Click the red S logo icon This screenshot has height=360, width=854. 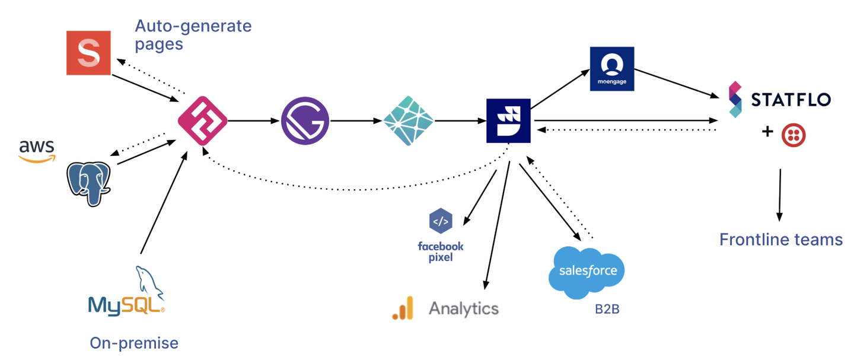click(x=88, y=53)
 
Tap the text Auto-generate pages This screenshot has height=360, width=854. click(x=193, y=34)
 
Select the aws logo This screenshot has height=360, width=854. click(x=36, y=150)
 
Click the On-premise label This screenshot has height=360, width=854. click(x=134, y=343)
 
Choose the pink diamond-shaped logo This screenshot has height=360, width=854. click(x=202, y=121)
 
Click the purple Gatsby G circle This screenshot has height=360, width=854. click(x=305, y=121)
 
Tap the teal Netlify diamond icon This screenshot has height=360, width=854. click(x=408, y=121)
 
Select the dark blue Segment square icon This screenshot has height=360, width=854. click(x=508, y=121)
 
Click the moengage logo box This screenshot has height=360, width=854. click(x=612, y=69)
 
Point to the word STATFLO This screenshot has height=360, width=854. click(x=791, y=100)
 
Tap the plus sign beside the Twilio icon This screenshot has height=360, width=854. click(x=767, y=132)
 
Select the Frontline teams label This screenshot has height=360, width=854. click(x=780, y=240)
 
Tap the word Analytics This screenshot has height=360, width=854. click(x=464, y=308)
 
